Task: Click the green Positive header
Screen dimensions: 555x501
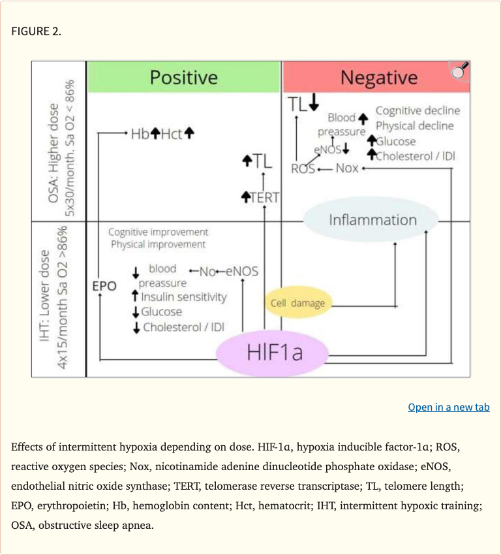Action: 183,77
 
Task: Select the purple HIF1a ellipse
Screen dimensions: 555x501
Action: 275,353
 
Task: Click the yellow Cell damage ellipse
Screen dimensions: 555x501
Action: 297,303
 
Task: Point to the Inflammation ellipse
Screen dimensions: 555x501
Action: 372,220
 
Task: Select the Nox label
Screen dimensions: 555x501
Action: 346,168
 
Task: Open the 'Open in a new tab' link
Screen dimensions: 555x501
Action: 448,407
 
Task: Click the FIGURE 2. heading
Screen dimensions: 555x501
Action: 37,31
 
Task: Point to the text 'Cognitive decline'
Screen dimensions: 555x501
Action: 417,110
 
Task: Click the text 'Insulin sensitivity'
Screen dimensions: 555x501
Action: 183,297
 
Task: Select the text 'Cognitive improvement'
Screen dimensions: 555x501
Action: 158,232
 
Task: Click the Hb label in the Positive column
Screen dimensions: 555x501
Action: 140,133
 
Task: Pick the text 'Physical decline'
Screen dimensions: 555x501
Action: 414,125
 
